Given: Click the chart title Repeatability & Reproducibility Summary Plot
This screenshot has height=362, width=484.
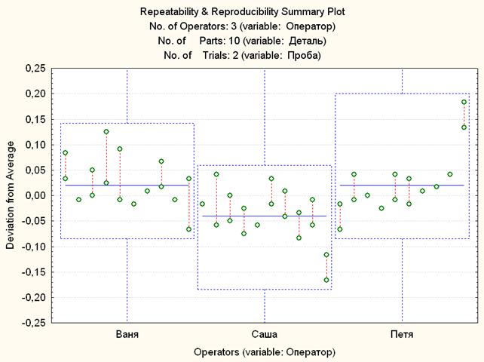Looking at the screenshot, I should click(241, 13).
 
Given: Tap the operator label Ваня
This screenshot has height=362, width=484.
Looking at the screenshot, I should click(127, 333).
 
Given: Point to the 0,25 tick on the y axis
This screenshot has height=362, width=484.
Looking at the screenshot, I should click(34, 69).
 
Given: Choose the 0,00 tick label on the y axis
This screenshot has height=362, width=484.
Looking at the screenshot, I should click(34, 195).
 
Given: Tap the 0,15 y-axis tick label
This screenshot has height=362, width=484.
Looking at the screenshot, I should click(34, 119).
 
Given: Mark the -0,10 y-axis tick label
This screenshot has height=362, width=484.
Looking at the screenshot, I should click(33, 247).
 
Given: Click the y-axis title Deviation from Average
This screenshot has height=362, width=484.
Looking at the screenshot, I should click(10, 195).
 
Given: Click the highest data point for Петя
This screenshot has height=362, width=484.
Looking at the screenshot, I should click(464, 102).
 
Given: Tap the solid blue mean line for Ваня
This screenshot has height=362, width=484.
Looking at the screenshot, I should click(127, 185).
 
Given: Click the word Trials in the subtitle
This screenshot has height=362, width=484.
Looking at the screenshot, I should click(207, 55).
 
